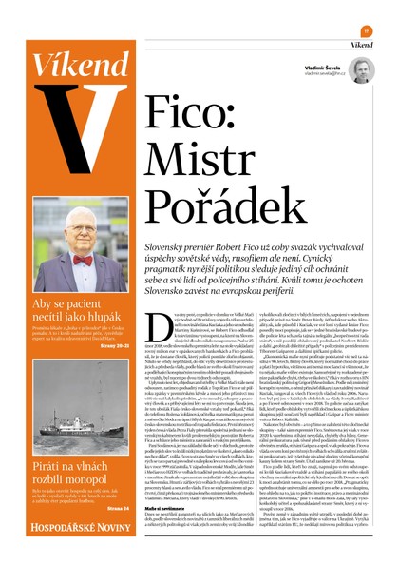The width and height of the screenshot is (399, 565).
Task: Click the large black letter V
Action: pyautogui.click(x=67, y=119)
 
